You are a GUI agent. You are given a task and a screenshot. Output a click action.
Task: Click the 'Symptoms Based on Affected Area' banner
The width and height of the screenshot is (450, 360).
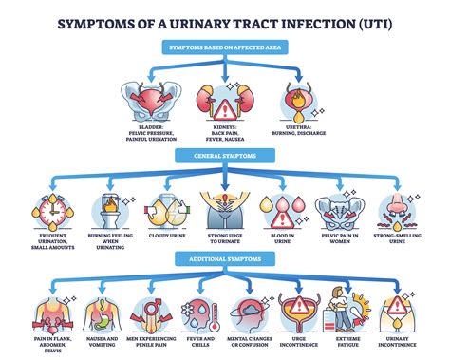click(224, 47)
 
